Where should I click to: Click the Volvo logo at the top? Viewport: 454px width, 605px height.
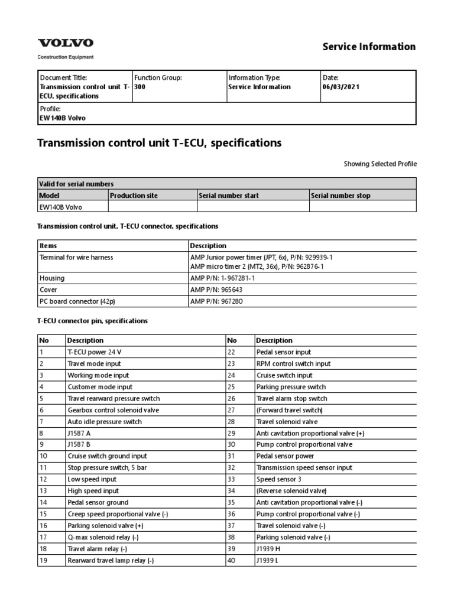[x=66, y=43]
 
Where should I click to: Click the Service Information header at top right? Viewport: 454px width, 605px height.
[x=369, y=47]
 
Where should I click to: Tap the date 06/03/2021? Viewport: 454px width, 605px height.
[x=341, y=87]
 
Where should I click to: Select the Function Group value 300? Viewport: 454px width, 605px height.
[x=140, y=87]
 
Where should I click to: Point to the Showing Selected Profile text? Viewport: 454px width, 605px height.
[x=380, y=164]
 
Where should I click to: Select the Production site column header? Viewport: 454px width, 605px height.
[x=134, y=196]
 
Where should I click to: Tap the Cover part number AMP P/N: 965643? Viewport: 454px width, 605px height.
[x=216, y=290]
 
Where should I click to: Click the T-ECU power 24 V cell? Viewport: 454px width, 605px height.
[x=95, y=352]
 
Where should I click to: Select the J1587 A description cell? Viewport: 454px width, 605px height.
[x=79, y=433]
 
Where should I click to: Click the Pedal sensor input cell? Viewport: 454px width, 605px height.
[x=284, y=352]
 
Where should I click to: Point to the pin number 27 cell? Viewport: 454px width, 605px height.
[x=231, y=410]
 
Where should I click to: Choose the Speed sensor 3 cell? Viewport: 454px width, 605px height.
[x=278, y=479]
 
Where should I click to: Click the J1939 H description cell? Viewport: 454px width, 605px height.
[x=270, y=549]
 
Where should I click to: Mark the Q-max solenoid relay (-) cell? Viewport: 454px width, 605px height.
[x=102, y=537]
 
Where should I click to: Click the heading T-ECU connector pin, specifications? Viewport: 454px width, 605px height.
[x=93, y=321]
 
